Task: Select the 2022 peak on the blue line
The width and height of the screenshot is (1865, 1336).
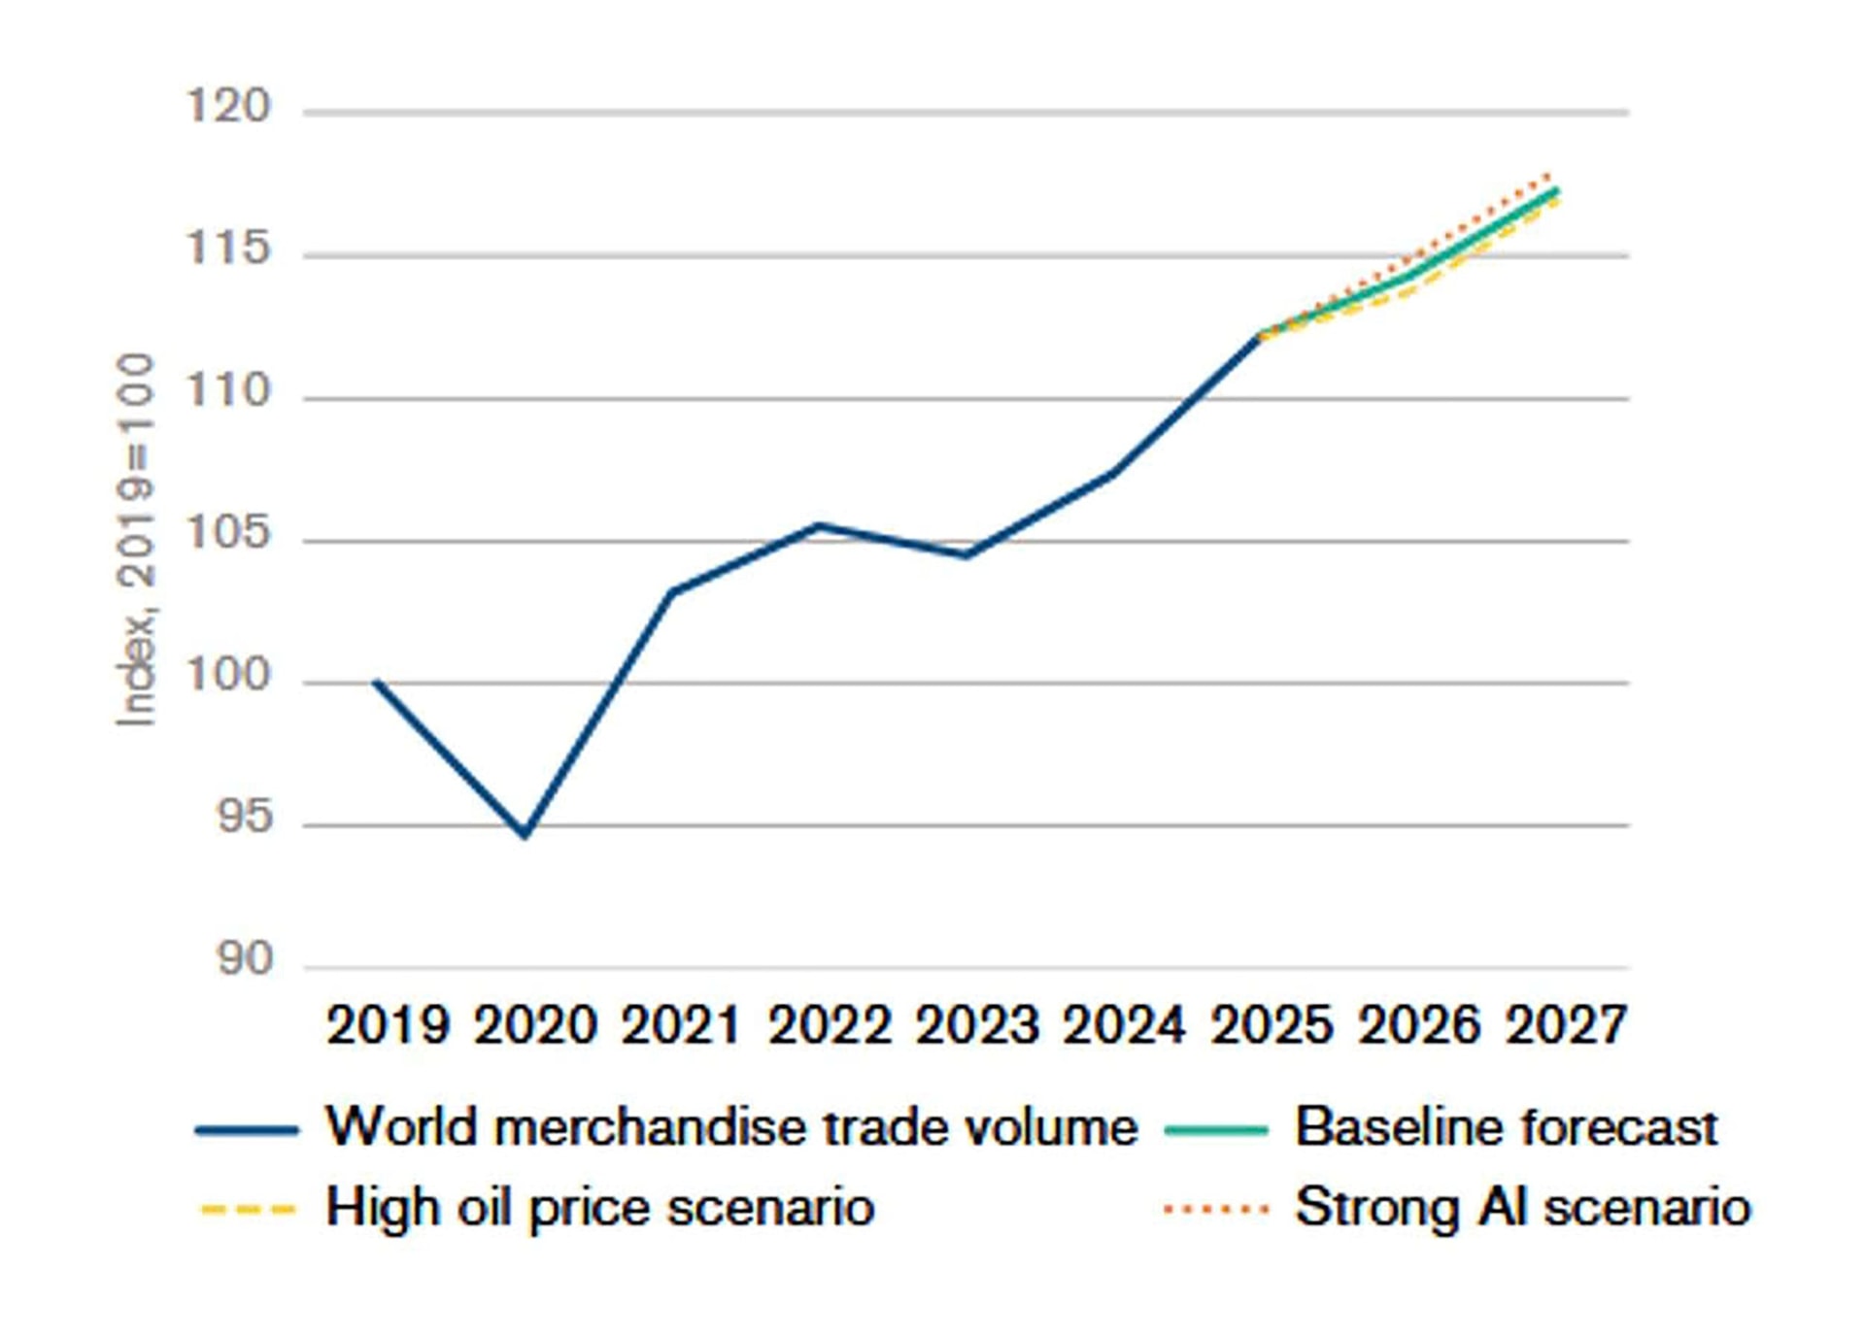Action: pos(819,525)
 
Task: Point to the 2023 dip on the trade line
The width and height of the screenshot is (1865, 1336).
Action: pos(966,555)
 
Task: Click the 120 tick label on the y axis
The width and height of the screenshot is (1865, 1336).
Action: pos(227,106)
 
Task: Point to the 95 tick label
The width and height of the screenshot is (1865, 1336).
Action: pos(243,818)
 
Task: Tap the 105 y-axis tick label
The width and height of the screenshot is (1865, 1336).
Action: pos(227,533)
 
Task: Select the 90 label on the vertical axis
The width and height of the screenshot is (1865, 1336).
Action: pos(243,959)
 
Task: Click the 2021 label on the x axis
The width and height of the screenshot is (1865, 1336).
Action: pos(681,1025)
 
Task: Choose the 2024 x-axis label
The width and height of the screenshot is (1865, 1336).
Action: pos(1123,1025)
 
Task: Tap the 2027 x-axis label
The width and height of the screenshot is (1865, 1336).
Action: pos(1565,1025)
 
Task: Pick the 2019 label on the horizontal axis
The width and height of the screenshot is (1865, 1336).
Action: pos(388,1025)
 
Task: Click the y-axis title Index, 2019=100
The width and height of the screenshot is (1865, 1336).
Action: pos(136,539)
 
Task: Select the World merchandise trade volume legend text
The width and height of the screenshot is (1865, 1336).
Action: pos(730,1127)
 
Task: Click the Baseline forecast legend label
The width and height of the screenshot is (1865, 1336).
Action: pos(1506,1127)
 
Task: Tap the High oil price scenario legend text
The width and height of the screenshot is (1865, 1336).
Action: pos(599,1208)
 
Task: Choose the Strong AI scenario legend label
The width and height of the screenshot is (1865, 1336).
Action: pos(1522,1208)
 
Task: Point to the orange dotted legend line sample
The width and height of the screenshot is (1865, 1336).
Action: pos(1216,1209)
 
